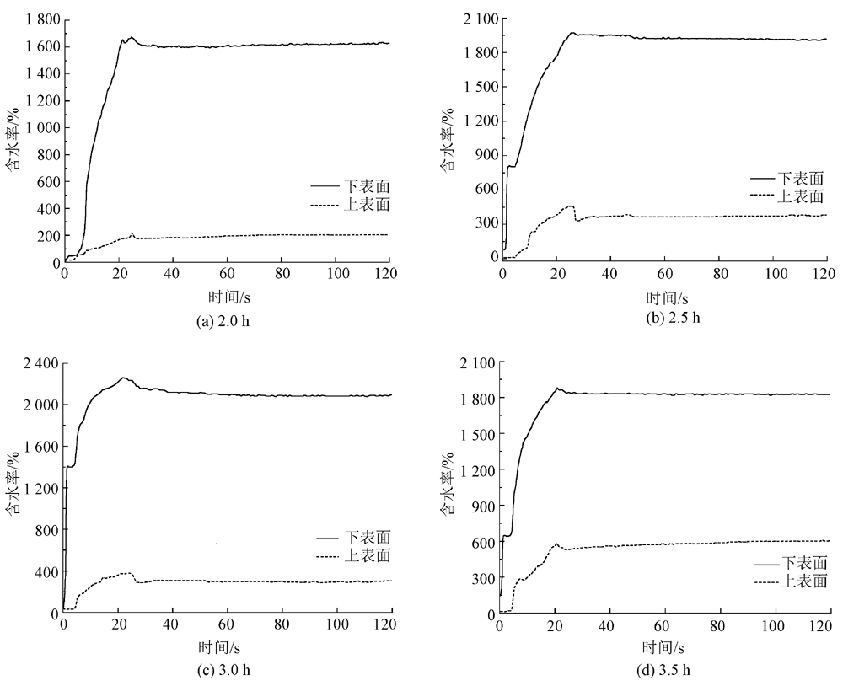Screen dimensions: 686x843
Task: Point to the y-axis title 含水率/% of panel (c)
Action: [x=13, y=489]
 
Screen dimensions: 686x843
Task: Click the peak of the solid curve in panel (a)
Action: [x=131, y=37]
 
